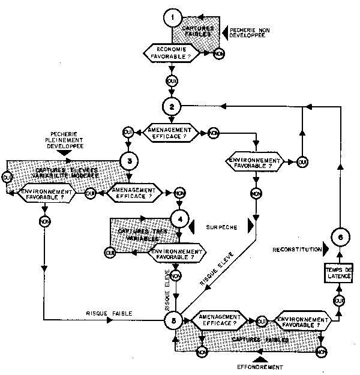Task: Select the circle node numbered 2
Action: point(173,106)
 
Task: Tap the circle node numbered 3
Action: point(130,160)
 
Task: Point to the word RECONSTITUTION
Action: point(295,248)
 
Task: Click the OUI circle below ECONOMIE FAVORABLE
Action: point(173,79)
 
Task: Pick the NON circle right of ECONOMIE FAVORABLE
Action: point(219,53)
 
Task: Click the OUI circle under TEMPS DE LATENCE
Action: point(338,299)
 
